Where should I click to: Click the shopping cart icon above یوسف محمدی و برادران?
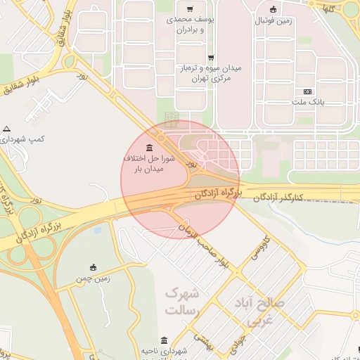[188, 9]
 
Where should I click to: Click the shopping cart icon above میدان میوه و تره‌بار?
[210, 57]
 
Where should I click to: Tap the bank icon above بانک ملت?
[307, 91]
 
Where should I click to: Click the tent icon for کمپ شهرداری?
[7, 129]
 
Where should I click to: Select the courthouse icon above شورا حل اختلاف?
[149, 148]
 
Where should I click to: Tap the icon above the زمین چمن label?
[93, 267]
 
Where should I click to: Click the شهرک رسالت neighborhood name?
[183, 301]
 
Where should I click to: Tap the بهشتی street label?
[203, 341]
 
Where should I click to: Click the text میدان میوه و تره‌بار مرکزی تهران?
[211, 73]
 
